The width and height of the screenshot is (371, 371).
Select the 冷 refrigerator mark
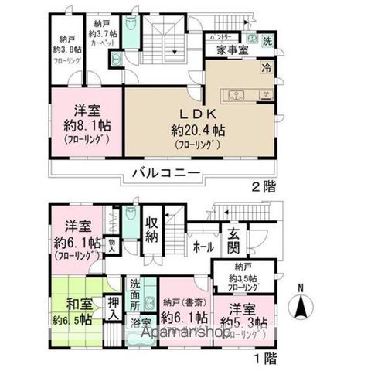(x=266, y=66)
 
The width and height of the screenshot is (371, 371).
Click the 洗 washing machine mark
(x=266, y=39)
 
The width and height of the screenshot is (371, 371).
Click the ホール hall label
(x=204, y=249)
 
